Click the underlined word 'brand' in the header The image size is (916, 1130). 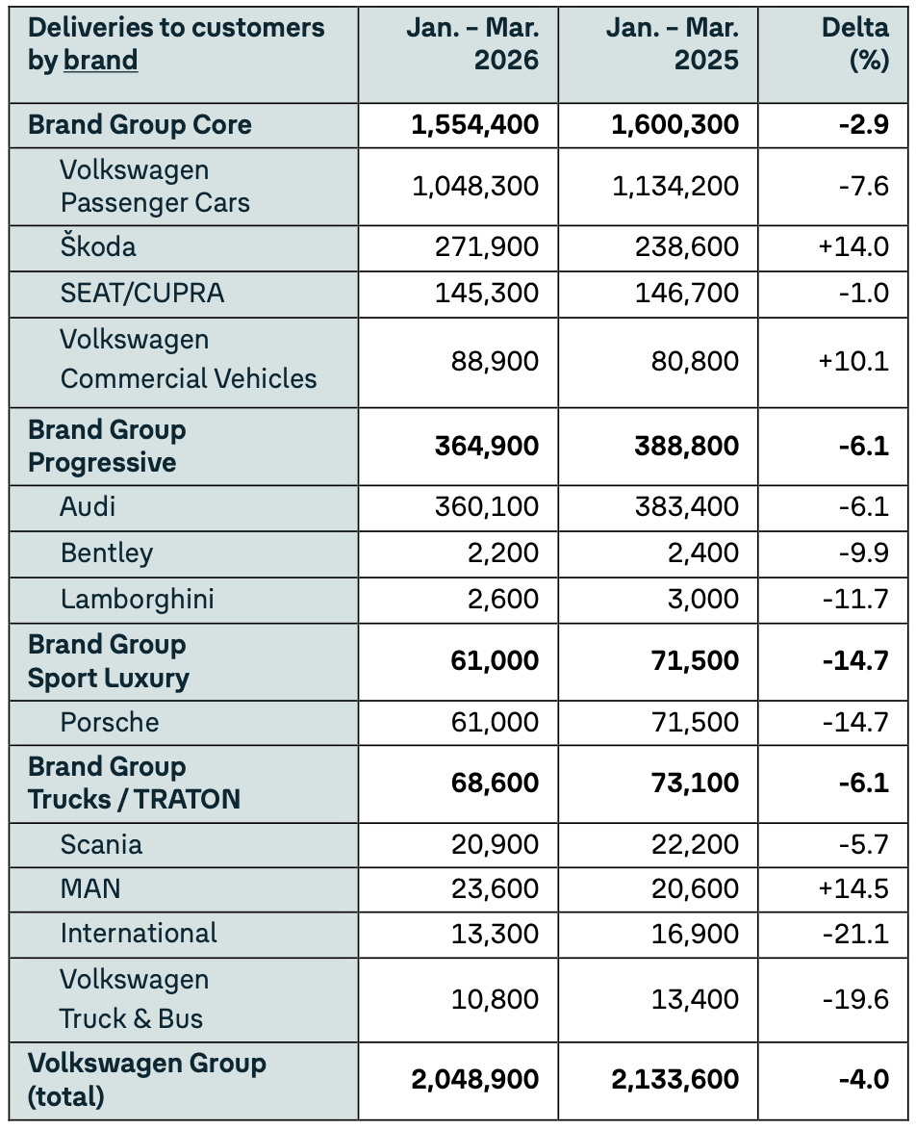point(100,61)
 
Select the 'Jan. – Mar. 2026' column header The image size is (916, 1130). point(471,43)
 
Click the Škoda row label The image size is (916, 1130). point(98,247)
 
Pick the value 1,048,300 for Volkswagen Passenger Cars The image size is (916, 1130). point(475,186)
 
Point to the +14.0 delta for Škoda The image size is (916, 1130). point(852,247)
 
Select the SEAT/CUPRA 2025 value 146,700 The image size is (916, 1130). point(687,293)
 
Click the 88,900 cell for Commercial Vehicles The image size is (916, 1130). point(495,362)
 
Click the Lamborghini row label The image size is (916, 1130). point(137,600)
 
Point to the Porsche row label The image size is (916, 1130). point(110,723)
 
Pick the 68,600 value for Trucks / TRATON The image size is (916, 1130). point(495,783)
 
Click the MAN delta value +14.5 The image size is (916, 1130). point(852,888)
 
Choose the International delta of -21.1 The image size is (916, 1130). point(855,934)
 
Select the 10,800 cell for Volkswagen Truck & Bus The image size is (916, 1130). point(495,999)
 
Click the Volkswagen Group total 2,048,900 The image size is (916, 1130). point(475,1079)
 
